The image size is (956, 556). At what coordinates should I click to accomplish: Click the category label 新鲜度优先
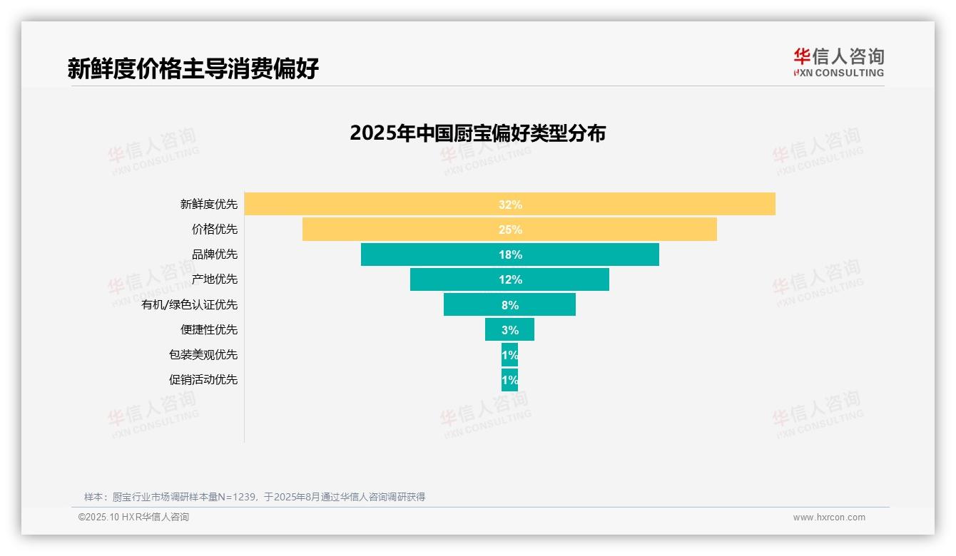(x=209, y=205)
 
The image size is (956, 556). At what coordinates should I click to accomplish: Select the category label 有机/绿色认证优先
(x=190, y=305)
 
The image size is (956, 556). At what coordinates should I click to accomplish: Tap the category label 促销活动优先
(x=203, y=380)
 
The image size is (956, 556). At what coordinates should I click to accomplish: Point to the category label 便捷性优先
(x=209, y=330)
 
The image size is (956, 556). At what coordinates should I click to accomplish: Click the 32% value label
(x=510, y=205)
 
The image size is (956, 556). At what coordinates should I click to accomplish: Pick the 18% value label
(x=510, y=254)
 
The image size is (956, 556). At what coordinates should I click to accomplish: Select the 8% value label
(x=510, y=305)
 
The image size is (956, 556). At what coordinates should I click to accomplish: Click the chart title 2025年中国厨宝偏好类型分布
(x=477, y=133)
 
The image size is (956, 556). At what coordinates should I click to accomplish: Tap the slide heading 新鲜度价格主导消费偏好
(x=193, y=68)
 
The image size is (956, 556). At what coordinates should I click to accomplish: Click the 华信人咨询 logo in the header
(x=838, y=62)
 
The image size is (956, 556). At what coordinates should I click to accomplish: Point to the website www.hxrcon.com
(x=829, y=518)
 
